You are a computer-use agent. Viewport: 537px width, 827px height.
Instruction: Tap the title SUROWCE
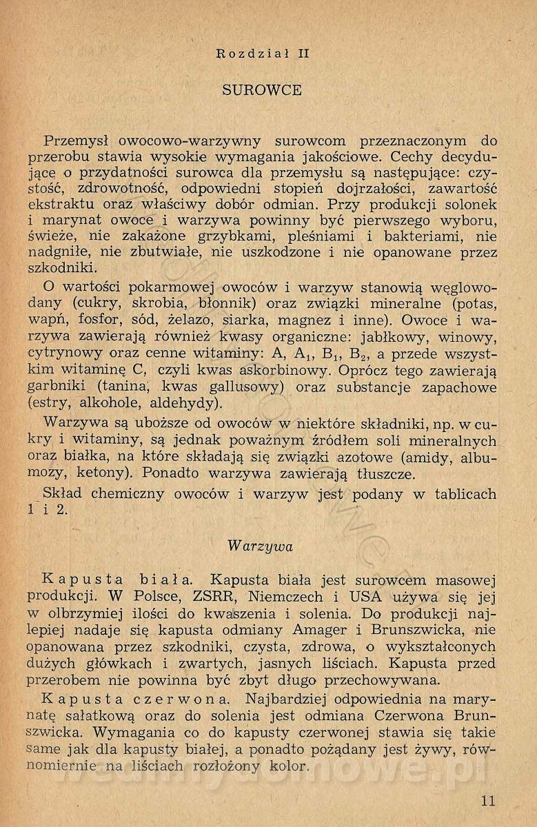pyautogui.click(x=263, y=90)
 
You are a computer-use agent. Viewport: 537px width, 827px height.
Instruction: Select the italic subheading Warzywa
pyautogui.click(x=261, y=547)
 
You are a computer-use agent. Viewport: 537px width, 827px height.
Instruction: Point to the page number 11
pyautogui.click(x=488, y=801)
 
